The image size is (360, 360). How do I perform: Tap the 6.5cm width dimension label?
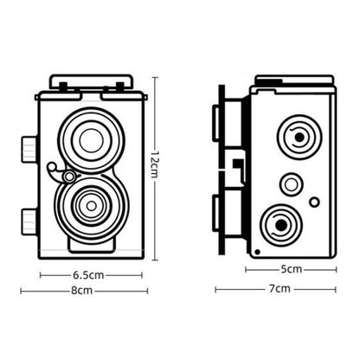pyautogui.click(x=88, y=275)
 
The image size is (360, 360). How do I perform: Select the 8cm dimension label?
pyautogui.click(x=82, y=291)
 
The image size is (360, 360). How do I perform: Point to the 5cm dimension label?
pyautogui.click(x=292, y=269)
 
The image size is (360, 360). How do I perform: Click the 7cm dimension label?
pyautogui.click(x=280, y=288)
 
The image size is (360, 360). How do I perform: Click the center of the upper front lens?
pyautogui.click(x=92, y=141)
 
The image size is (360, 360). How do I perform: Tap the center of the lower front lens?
pyautogui.click(x=92, y=206)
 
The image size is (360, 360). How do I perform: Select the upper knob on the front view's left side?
pyautogui.click(x=29, y=150)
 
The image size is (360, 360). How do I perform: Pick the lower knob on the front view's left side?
pyautogui.click(x=29, y=222)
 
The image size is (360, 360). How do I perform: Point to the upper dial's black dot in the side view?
pyautogui.click(x=299, y=138)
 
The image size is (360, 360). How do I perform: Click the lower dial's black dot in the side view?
pyautogui.click(x=281, y=225)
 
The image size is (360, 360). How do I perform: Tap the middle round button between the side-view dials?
pyautogui.click(x=291, y=184)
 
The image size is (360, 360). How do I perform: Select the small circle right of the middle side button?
pyautogui.click(x=314, y=202)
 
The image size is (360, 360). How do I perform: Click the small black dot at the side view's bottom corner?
pyautogui.click(x=258, y=252)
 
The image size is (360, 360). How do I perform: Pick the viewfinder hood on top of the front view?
pyautogui.click(x=91, y=81)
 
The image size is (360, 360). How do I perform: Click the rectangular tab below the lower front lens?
pyautogui.click(x=91, y=245)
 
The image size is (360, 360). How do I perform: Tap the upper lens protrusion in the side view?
pyautogui.click(x=227, y=123)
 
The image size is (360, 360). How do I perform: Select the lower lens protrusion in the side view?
pyautogui.click(x=227, y=214)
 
